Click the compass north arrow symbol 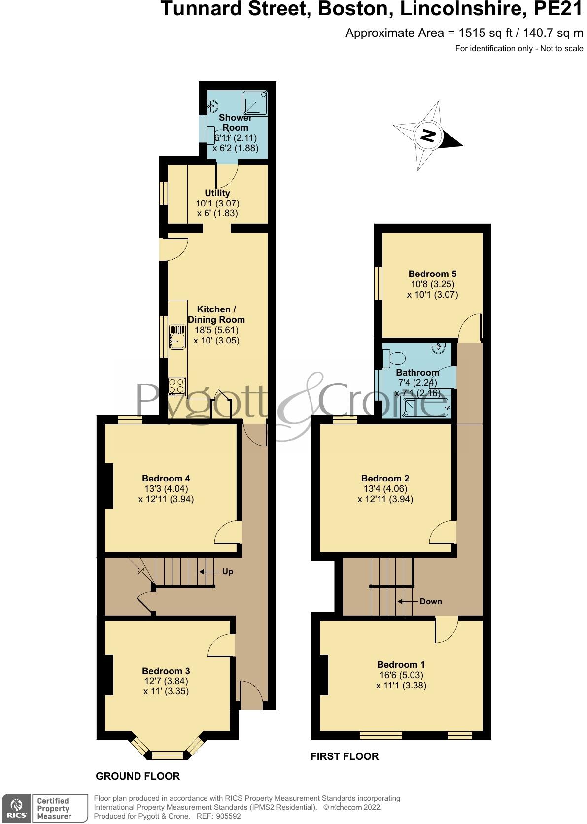click(x=428, y=135)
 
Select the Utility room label click(x=217, y=193)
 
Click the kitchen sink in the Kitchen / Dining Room click(x=177, y=337)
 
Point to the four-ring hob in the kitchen click(x=177, y=386)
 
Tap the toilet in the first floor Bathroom click(x=394, y=356)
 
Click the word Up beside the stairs click(x=227, y=572)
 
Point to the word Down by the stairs click(x=430, y=601)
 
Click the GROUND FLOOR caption click(x=138, y=776)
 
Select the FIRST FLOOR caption click(x=345, y=756)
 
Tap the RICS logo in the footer click(x=16, y=808)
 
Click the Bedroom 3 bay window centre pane click(x=167, y=754)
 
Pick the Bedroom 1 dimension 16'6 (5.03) click(x=401, y=675)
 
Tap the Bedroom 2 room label click(x=385, y=479)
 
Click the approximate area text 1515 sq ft click(x=478, y=33)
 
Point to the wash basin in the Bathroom click(x=439, y=348)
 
